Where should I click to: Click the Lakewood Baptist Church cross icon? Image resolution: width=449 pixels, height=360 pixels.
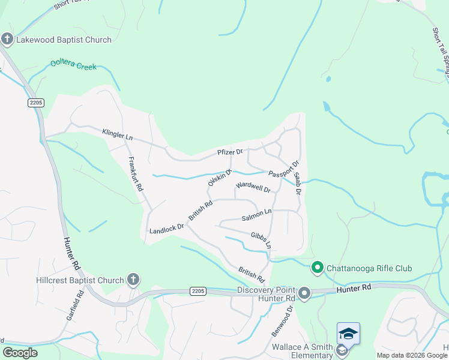(7, 40)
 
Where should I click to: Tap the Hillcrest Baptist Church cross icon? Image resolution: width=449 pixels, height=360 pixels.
(133, 280)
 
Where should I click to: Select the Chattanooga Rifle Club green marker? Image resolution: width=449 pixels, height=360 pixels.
(316, 268)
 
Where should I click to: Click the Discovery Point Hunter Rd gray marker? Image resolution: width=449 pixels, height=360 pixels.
(304, 293)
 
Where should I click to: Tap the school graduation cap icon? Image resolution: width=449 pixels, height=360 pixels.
(348, 334)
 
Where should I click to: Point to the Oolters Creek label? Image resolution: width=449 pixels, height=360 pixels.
(73, 64)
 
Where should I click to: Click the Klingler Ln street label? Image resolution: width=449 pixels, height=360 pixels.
(117, 134)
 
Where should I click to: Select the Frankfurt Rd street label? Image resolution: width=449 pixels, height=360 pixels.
(136, 174)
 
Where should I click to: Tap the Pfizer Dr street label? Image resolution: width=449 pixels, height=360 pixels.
(230, 152)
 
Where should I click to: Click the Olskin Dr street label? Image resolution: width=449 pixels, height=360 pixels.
(220, 176)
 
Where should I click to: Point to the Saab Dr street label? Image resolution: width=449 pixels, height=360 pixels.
(297, 177)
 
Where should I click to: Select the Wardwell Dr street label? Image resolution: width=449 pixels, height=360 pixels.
(253, 187)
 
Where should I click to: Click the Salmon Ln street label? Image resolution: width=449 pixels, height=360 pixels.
(257, 213)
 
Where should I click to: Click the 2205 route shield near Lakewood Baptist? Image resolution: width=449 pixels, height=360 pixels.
(36, 103)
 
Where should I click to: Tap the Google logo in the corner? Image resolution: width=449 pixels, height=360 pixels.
(20, 353)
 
